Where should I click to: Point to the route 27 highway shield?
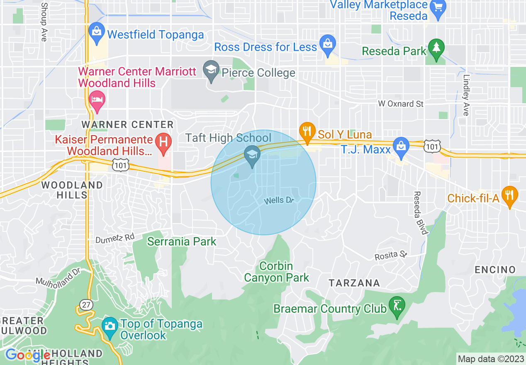pyautogui.click(x=86, y=305)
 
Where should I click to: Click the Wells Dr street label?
pyautogui.click(x=279, y=201)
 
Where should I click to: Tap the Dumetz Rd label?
pyautogui.click(x=115, y=238)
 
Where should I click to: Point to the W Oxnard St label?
pyautogui.click(x=401, y=104)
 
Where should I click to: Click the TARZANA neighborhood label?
pyautogui.click(x=354, y=283)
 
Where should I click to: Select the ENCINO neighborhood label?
pyautogui.click(x=495, y=270)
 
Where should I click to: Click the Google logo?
pyautogui.click(x=28, y=355)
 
